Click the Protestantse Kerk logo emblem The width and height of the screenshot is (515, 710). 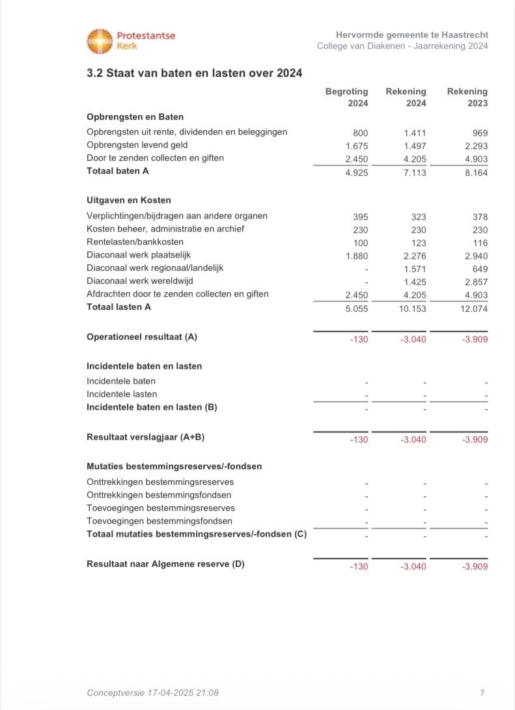(x=100, y=40)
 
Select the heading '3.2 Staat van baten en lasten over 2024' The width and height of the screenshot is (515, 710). (x=194, y=74)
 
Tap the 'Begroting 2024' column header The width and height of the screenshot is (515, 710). (x=347, y=98)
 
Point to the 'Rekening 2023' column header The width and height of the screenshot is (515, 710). (x=467, y=98)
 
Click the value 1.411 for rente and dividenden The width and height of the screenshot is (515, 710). (x=415, y=133)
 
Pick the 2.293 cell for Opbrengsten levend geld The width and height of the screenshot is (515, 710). (x=476, y=146)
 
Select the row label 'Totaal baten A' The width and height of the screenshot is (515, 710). (x=118, y=171)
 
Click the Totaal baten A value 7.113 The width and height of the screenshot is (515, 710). (x=415, y=172)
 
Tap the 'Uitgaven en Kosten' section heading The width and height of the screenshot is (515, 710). (x=129, y=200)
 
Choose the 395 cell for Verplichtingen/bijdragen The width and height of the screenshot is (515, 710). (x=360, y=216)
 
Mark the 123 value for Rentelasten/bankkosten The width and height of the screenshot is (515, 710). (x=419, y=242)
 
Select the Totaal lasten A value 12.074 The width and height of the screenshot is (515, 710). (x=474, y=308)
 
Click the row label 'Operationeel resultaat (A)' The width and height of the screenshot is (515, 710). (x=142, y=337)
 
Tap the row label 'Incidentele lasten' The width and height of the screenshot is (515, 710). (x=122, y=394)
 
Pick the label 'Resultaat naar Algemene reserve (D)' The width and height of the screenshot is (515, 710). (x=165, y=564)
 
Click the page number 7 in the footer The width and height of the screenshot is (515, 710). (x=481, y=693)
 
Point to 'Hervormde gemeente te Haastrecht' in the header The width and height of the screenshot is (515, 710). (x=412, y=34)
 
